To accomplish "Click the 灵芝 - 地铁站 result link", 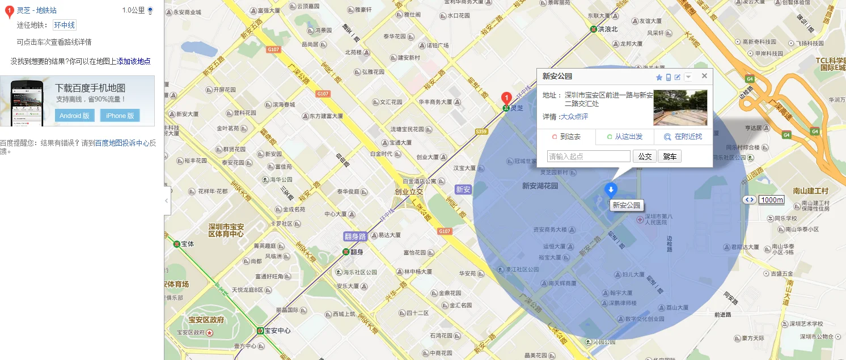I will pyautogui.click(x=36, y=10).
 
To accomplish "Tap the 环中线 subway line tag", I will pyautogui.click(x=64, y=25).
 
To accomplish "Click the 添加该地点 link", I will pyautogui.click(x=134, y=61).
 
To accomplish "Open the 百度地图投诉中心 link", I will pyautogui.click(x=122, y=143).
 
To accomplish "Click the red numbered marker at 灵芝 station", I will pyautogui.click(x=507, y=98).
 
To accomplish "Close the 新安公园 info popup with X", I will pyautogui.click(x=704, y=76).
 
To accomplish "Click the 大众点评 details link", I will pyautogui.click(x=574, y=117).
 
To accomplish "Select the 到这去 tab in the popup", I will pyautogui.click(x=566, y=137).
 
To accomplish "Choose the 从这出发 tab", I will pyautogui.click(x=625, y=137).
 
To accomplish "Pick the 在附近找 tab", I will pyautogui.click(x=683, y=137).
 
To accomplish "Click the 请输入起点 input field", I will pyautogui.click(x=589, y=156).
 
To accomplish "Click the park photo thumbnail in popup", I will pyautogui.click(x=680, y=108).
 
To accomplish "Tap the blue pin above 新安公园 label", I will pyautogui.click(x=611, y=190).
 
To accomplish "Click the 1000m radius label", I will pyautogui.click(x=772, y=200).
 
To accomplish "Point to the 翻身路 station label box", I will pyautogui.click(x=355, y=236).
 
